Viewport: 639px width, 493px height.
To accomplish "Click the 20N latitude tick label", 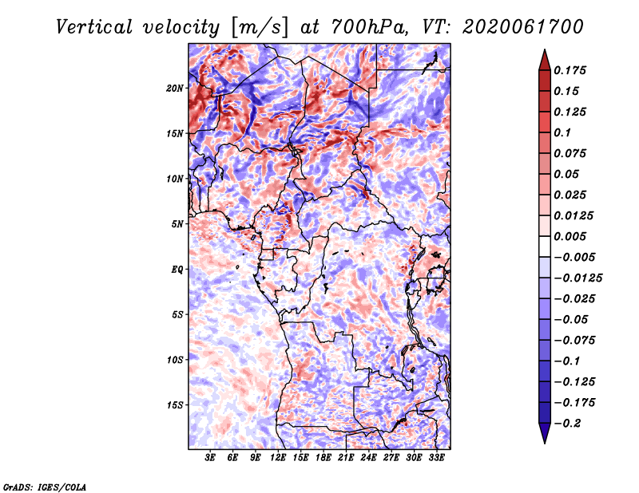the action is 175,89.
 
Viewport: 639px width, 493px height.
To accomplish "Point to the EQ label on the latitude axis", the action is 177,270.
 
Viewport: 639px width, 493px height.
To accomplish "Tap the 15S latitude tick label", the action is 175,405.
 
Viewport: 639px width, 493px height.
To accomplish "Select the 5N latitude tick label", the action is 177,224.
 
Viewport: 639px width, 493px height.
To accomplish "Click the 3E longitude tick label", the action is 209,457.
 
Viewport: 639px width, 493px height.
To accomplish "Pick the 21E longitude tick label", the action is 346,457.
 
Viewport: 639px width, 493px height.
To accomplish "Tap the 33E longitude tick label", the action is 436,457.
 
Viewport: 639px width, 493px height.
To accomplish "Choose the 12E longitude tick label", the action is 277,457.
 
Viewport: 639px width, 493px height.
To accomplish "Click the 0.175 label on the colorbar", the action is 570,70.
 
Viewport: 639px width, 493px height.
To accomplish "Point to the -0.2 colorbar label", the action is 567,424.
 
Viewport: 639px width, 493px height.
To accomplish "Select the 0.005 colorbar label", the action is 570,236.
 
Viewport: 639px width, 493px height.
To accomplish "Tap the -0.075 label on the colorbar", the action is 574,341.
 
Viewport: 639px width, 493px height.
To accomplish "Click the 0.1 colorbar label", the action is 562,132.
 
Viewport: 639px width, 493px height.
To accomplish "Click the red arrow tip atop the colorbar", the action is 545,49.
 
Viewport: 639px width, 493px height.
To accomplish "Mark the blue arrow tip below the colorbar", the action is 545,443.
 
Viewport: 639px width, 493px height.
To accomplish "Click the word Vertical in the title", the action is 94,27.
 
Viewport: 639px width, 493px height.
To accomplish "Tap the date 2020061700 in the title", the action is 523,27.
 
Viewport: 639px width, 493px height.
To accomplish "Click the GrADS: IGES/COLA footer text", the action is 45,487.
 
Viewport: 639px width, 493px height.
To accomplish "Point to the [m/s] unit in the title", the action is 260,27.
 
